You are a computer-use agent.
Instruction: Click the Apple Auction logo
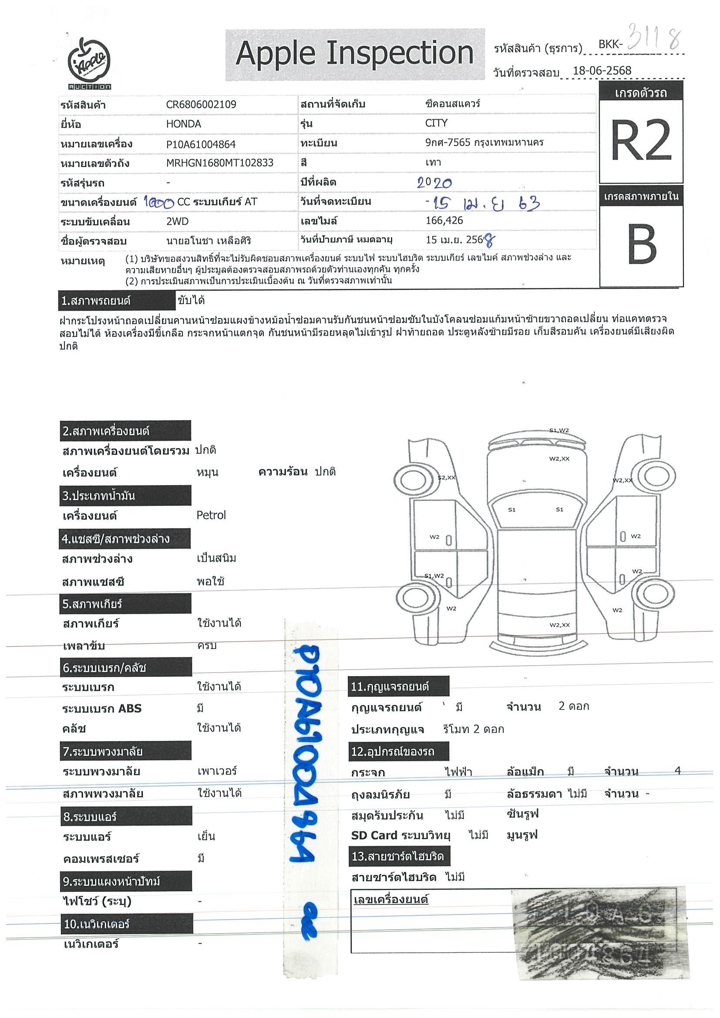[89, 64]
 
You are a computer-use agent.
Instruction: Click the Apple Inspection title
[354, 54]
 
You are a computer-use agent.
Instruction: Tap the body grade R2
[641, 141]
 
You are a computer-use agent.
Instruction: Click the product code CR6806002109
[201, 105]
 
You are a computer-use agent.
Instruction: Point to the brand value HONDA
[183, 124]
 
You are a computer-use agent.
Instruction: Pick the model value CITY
[436, 123]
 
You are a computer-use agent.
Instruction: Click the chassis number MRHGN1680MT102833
[219, 163]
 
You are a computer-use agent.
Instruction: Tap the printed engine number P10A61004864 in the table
[201, 144]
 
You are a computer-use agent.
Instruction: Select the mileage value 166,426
[444, 221]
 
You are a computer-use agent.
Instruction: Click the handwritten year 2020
[434, 183]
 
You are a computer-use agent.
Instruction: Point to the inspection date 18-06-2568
[602, 70]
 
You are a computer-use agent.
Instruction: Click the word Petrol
[211, 515]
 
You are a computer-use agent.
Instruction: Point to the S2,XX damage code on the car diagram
[446, 478]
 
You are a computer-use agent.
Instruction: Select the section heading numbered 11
[399, 687]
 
